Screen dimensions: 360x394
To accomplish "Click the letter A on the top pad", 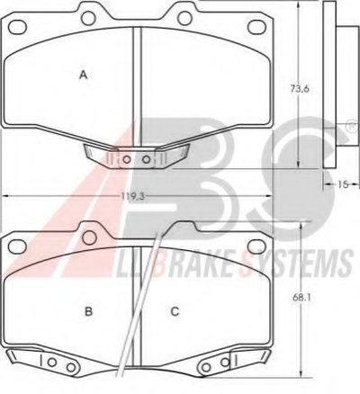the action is click(x=84, y=75).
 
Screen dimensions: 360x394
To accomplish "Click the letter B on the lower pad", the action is click(x=88, y=311).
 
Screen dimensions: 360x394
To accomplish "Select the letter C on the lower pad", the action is click(x=175, y=311).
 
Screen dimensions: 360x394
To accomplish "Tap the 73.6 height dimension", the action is click(x=299, y=89).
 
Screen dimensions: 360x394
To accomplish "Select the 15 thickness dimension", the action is click(x=343, y=184).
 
